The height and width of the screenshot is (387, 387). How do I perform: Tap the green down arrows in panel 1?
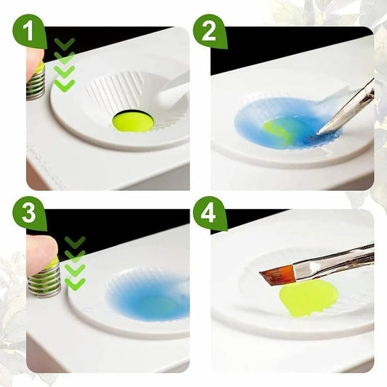[65, 65]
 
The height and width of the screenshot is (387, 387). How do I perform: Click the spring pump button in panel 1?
[36, 83]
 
